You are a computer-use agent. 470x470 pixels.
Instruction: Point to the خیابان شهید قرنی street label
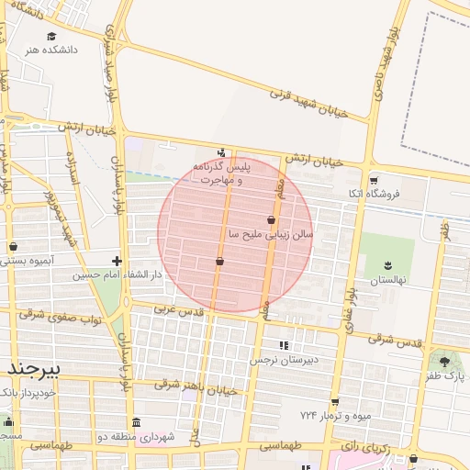coord(308,103)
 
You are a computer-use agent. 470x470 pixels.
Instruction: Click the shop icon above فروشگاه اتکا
coord(373,179)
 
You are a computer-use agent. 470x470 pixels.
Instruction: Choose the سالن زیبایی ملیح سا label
coord(271,235)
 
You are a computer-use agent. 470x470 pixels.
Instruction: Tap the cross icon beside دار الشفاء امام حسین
coord(117,261)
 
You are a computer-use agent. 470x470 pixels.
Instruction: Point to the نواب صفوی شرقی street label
coord(57,316)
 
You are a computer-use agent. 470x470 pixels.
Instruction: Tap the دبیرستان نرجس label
coord(287,360)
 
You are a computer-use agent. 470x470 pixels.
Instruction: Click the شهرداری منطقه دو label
coord(136,436)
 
